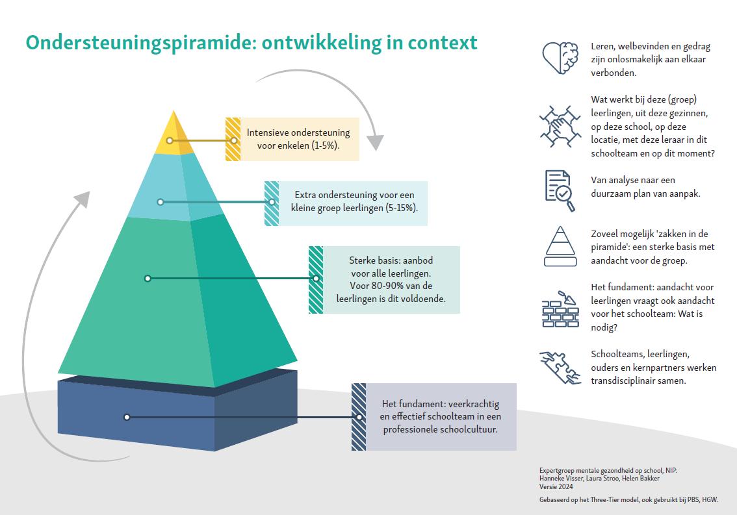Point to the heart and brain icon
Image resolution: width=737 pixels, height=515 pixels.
(560, 57)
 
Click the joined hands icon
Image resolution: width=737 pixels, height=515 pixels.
(560, 125)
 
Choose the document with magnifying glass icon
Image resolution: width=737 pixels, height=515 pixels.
(560, 190)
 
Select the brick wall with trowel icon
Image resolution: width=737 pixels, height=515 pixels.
(560, 308)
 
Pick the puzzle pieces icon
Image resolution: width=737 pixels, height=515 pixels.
(560, 367)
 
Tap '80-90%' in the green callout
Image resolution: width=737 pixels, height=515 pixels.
(400, 286)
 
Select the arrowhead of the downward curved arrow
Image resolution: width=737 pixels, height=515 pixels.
(374, 142)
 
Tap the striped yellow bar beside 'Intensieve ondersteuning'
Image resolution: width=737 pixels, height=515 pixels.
(233, 139)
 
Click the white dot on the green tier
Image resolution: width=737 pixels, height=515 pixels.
(148, 278)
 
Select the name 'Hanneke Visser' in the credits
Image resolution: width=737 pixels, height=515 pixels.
(562, 479)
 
